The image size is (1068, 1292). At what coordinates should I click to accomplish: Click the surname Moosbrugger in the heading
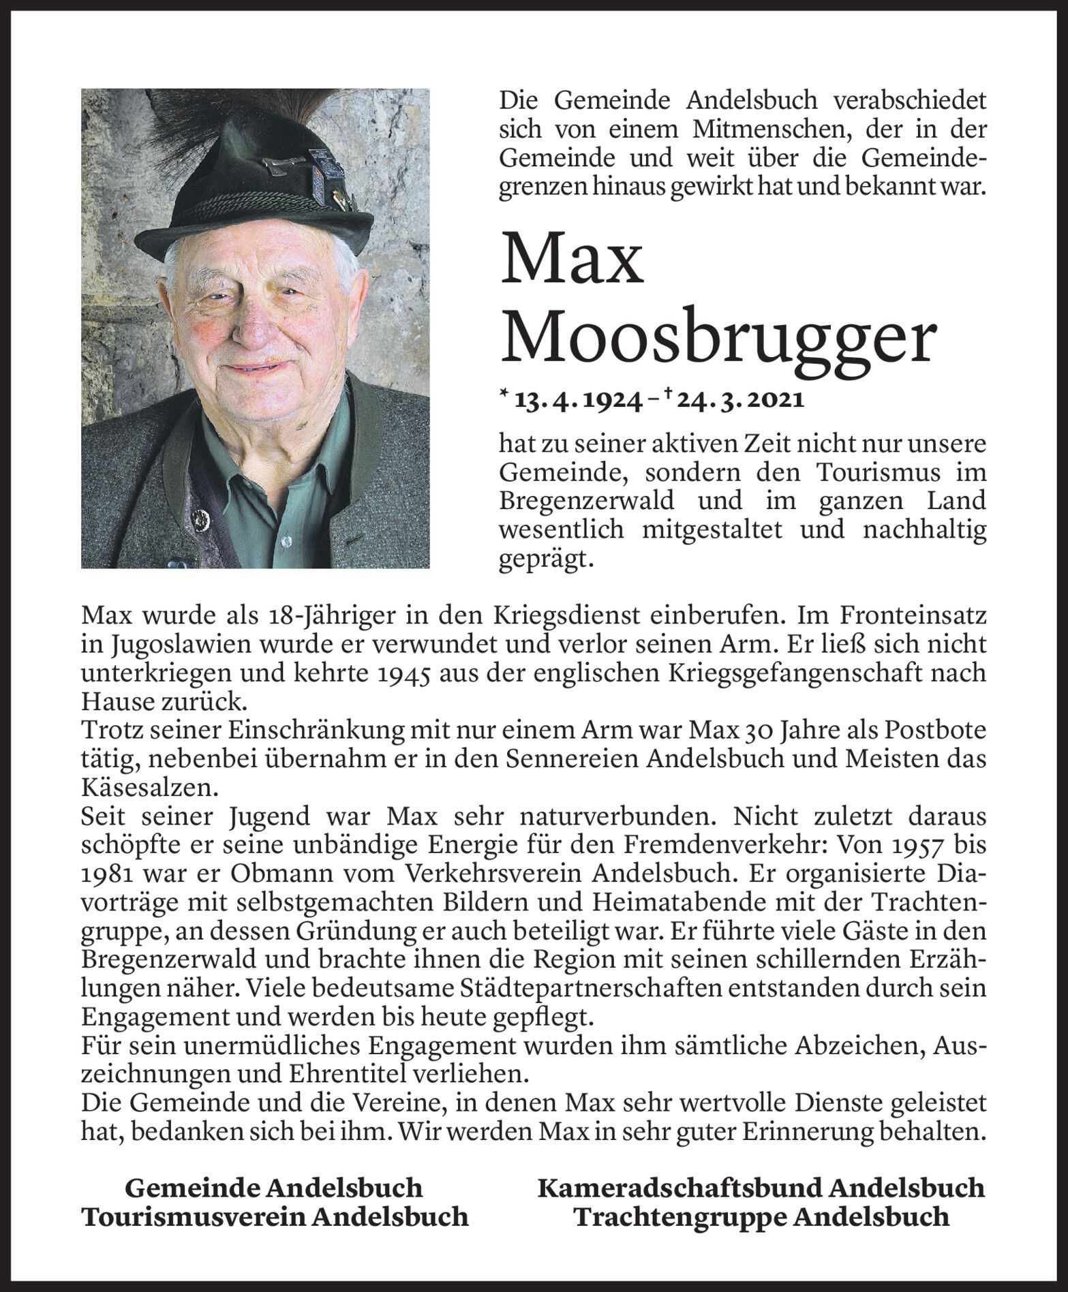coord(716,339)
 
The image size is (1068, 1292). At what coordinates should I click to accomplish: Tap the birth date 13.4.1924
coord(580,401)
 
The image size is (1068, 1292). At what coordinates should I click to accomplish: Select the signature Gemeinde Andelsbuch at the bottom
coord(274,1188)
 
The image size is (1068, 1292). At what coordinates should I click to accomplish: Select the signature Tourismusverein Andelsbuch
coord(275,1217)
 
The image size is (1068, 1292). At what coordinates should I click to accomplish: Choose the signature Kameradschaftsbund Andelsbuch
coord(761,1188)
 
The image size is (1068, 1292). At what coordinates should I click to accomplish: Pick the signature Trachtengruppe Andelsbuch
coord(761,1217)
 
